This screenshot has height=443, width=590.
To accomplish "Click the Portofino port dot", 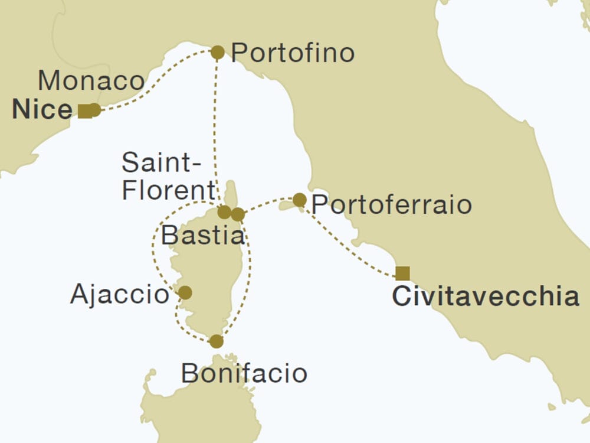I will click(218, 53).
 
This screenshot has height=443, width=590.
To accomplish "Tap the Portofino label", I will click(293, 53).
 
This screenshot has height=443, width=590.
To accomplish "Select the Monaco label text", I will click(91, 81).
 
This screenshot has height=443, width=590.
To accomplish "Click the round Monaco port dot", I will click(94, 110).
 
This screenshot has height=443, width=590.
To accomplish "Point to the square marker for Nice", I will click(85, 110).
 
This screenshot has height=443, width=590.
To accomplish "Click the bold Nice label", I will click(42, 110).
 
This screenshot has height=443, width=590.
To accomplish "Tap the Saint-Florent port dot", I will click(224, 212).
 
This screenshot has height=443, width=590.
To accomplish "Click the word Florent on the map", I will click(168, 191).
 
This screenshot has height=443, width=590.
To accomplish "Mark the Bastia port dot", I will click(237, 214).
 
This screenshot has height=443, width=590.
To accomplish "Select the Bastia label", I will click(202, 236).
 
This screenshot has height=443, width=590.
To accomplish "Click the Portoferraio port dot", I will click(300, 200).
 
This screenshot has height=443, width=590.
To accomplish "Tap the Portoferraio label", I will click(391, 205).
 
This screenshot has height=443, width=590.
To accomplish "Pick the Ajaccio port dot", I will click(185, 292).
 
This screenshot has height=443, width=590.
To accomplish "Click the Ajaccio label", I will click(120, 294).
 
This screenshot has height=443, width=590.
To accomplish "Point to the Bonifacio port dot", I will click(217, 341).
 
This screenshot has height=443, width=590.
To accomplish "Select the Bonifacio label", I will click(244, 373).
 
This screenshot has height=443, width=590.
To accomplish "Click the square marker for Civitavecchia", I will click(402, 273).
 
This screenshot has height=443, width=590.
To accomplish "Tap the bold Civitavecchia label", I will click(486, 297).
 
